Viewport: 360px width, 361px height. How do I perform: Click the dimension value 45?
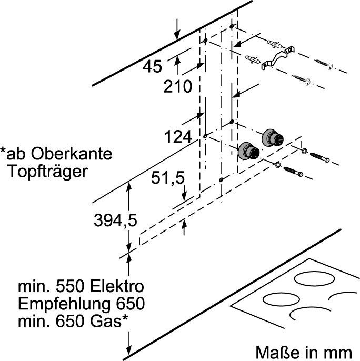[x=153, y=67]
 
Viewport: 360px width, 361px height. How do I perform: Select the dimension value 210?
[x=177, y=87]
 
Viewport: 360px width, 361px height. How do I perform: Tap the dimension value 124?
[x=177, y=137]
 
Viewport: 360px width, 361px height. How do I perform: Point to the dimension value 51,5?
[x=168, y=179]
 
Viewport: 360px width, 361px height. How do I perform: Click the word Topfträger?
[x=47, y=172]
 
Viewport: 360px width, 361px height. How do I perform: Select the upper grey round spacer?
[x=272, y=137]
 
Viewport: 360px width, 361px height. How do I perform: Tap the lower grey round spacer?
[x=248, y=151]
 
